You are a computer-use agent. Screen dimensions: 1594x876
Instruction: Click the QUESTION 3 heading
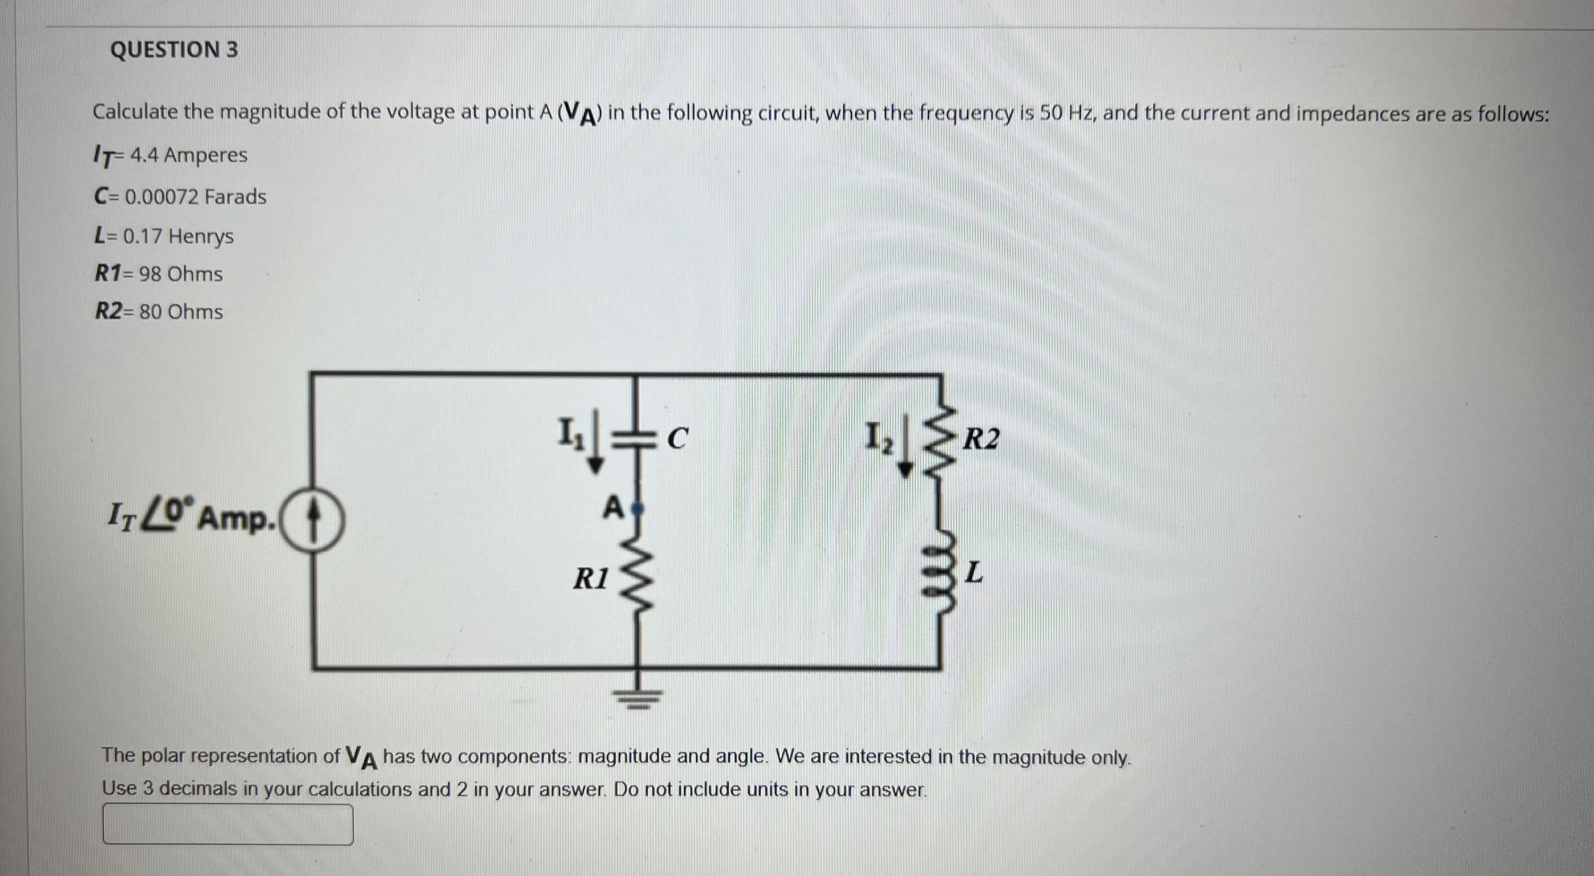(x=174, y=50)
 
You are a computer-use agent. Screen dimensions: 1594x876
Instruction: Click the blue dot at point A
(x=639, y=509)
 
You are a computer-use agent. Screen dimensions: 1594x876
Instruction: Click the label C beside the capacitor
(x=678, y=438)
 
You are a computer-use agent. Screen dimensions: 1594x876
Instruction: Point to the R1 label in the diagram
(x=591, y=578)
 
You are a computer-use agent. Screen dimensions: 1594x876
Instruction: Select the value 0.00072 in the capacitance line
(x=162, y=197)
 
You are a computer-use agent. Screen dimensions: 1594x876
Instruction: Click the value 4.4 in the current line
(x=144, y=155)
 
